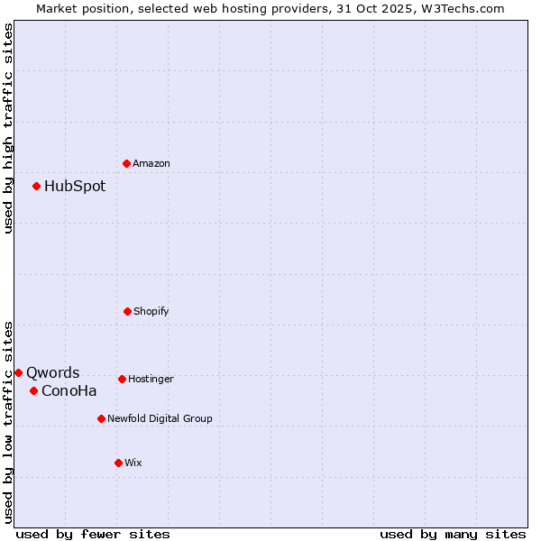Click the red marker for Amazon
(x=126, y=163)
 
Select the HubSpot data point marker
(x=37, y=187)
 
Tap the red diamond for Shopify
(x=127, y=311)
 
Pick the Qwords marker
(x=18, y=372)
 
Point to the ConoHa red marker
(x=33, y=390)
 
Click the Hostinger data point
(x=122, y=379)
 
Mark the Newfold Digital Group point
(x=101, y=418)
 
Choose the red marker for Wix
(x=118, y=463)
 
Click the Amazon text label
(x=151, y=163)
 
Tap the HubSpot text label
(x=75, y=187)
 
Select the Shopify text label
(x=151, y=311)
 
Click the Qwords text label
(x=53, y=372)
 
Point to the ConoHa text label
(x=69, y=390)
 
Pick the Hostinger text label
(x=151, y=379)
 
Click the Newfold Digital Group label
(x=160, y=418)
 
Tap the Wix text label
(x=133, y=463)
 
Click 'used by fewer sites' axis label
(x=93, y=534)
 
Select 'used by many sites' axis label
(x=453, y=534)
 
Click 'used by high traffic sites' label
(x=8, y=128)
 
